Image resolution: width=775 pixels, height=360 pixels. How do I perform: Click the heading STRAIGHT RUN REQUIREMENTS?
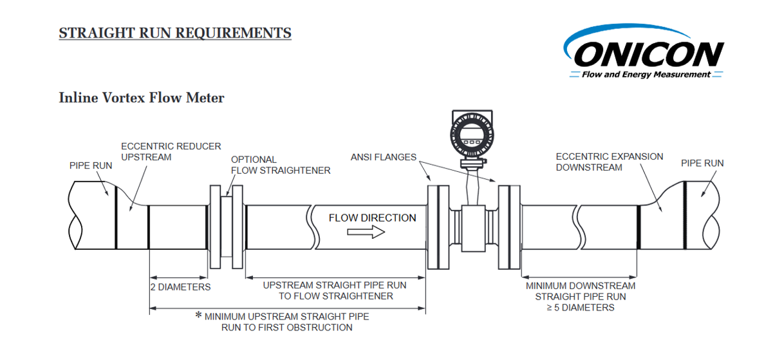tap(175, 33)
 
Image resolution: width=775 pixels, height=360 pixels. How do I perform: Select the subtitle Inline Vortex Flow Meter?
tap(142, 98)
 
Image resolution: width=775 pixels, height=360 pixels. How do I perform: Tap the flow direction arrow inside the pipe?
tap(366, 232)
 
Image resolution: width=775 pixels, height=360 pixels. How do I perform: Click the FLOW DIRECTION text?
tap(372, 218)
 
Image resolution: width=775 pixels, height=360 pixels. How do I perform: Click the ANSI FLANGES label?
tap(383, 157)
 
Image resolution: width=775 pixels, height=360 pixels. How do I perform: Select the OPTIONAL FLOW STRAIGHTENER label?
tap(281, 165)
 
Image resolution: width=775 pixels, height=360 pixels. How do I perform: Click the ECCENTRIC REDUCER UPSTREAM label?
tap(171, 152)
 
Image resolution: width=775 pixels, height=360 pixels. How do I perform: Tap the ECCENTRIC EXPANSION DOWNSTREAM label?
tap(609, 162)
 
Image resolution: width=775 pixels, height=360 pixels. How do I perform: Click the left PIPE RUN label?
tap(91, 166)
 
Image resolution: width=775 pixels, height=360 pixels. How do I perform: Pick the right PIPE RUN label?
tap(702, 163)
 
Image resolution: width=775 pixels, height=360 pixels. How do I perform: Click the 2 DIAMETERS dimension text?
tap(180, 287)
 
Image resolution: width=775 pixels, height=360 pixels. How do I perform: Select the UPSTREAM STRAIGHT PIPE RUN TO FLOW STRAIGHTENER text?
tap(335, 290)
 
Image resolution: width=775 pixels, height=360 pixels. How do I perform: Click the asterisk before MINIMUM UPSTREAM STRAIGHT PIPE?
tap(199, 316)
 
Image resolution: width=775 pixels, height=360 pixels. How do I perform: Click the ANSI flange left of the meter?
tap(438, 227)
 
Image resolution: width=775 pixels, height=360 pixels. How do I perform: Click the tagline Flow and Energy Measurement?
tap(646, 75)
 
